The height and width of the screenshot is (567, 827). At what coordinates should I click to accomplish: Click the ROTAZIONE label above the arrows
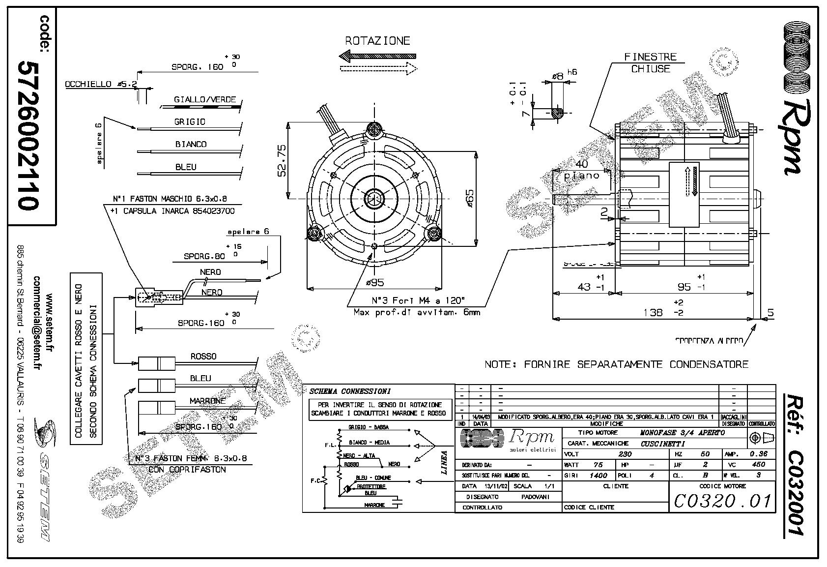[x=377, y=41]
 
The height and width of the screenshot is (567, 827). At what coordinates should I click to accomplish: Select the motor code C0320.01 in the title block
[x=722, y=501]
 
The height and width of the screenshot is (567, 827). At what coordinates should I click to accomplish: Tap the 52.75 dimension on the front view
[x=282, y=160]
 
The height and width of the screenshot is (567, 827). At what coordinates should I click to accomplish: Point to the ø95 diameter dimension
[x=375, y=282]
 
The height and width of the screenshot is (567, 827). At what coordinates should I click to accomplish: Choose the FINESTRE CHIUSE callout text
[x=650, y=63]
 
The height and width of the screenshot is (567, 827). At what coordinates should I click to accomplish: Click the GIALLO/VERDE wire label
[x=204, y=99]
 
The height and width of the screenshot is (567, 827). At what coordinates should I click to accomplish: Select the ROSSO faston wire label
[x=203, y=356]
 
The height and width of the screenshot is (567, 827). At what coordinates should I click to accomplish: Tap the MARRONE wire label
[x=207, y=401]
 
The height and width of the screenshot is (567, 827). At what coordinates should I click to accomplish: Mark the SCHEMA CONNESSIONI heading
[x=350, y=391]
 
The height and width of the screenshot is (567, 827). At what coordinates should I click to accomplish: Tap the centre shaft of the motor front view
[x=374, y=199]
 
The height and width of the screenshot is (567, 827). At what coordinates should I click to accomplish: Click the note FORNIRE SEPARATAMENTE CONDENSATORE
[x=616, y=364]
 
